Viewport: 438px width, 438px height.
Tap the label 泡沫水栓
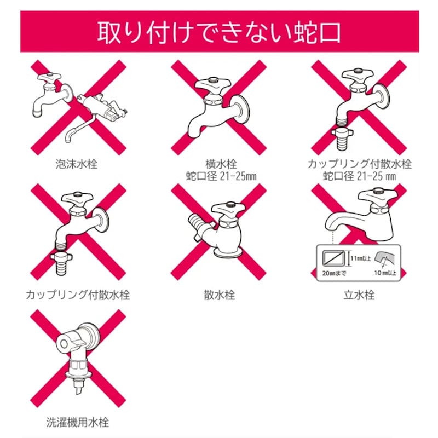pyautogui.click(x=77, y=164)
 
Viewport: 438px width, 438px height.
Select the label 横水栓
pyautogui.click(x=221, y=164)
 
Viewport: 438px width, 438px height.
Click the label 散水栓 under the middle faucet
pyautogui.click(x=220, y=295)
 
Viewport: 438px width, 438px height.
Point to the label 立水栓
pyautogui.click(x=359, y=295)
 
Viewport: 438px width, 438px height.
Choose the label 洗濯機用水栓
pyautogui.click(x=78, y=422)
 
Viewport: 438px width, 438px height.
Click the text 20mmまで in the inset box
pyautogui.click(x=334, y=273)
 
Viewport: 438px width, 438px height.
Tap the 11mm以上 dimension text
pyautogui.click(x=360, y=258)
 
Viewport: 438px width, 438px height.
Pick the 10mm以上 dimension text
pyautogui.click(x=385, y=273)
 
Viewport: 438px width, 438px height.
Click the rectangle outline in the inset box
pyautogui.click(x=333, y=251)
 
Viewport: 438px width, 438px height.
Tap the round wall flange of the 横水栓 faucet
pyautogui.click(x=243, y=109)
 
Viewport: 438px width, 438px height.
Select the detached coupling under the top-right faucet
pyautogui.click(x=342, y=139)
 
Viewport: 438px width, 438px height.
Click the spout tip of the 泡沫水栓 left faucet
pyautogui.click(x=37, y=113)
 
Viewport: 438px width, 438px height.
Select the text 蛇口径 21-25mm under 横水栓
pyautogui.click(x=221, y=176)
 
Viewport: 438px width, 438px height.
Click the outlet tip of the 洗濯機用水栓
pyautogui.click(x=78, y=389)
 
